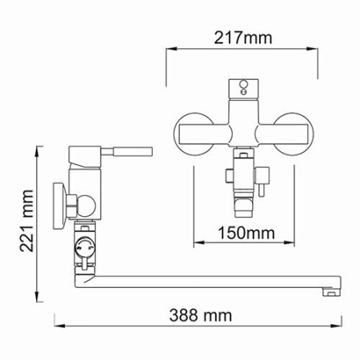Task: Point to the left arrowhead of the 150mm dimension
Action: [x=196, y=245]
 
